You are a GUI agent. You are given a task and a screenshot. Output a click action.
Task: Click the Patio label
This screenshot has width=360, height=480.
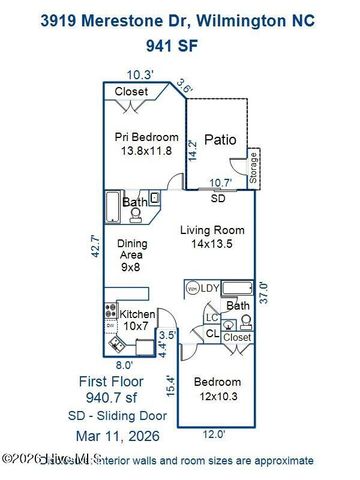coord(220,140)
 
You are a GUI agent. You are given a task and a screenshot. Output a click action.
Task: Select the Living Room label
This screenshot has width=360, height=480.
coord(213,237)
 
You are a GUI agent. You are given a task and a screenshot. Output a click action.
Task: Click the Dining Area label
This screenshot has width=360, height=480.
coord(133,255)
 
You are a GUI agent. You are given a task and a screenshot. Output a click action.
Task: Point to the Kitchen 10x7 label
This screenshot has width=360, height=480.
coord(137,320)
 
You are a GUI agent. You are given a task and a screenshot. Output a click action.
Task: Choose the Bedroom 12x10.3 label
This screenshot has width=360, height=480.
coord(217,389)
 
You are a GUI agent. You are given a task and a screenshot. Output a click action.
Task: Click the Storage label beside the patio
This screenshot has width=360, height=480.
coord(254,166)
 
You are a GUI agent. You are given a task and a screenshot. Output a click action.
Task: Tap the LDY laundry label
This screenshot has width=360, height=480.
coord(209,288)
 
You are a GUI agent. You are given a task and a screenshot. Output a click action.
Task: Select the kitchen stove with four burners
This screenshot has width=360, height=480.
coord(110,314)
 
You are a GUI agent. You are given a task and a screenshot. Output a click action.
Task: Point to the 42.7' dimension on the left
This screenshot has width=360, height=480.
coord(95,246)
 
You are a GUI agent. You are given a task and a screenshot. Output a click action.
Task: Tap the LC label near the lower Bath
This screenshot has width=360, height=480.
coord(211,318)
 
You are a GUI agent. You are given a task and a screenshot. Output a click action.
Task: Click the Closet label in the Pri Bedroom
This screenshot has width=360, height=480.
coord(131,91)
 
